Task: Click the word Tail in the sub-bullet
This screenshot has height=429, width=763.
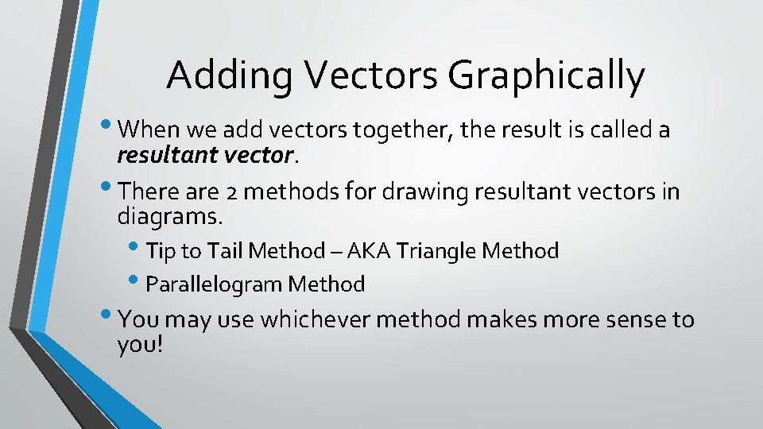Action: pyautogui.click(x=226, y=252)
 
